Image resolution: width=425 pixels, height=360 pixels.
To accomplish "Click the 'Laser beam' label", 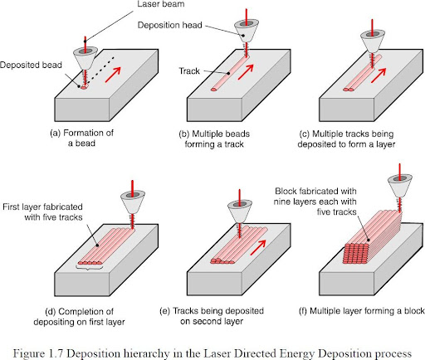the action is [161, 4].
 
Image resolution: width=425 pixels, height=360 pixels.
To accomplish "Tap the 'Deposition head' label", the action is [169, 25].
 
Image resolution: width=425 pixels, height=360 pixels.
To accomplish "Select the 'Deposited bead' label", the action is [31, 65].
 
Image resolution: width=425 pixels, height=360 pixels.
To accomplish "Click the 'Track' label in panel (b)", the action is [189, 71].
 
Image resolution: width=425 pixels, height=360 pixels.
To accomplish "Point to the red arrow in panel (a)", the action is [113, 75].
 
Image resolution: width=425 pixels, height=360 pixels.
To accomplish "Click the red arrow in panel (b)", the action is [246, 72].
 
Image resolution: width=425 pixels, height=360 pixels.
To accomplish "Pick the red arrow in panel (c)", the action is [379, 75].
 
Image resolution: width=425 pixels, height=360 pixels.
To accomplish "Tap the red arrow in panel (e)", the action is [258, 247].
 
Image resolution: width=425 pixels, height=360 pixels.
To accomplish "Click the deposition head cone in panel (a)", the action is [85, 58].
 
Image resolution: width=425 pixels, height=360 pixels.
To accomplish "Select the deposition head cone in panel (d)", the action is [133, 202].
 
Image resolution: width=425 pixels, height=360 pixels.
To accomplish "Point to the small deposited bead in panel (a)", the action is [84, 88].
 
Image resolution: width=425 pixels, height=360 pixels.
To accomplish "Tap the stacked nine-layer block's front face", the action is [356, 253].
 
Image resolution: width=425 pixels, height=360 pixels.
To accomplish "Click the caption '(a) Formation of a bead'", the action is [81, 138].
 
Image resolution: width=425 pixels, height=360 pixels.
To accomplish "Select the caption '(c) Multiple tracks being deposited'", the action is [346, 139].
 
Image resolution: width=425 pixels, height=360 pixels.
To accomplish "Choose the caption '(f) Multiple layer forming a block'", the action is [361, 311].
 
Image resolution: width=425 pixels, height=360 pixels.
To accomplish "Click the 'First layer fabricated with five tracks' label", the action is [42, 212].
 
